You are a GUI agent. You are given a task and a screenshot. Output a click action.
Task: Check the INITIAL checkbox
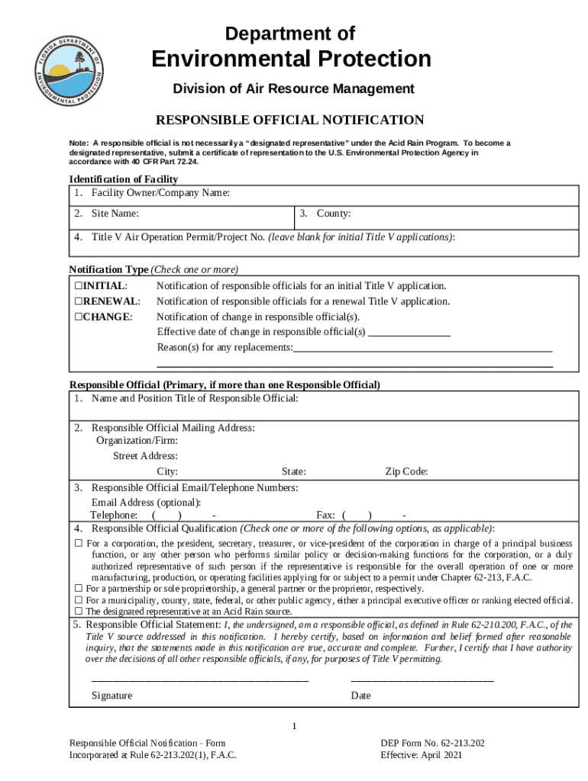[x=79, y=286]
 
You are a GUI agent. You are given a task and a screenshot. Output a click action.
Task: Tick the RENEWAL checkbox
[x=79, y=301]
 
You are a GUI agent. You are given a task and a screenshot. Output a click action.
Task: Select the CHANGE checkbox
[x=79, y=317]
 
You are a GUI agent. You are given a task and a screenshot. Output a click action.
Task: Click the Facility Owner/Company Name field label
[x=160, y=193]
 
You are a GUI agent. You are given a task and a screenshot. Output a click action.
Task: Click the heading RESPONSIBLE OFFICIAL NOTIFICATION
[x=289, y=121]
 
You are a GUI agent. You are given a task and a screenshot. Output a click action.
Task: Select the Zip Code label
[x=406, y=472]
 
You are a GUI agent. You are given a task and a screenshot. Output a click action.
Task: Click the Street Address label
[x=145, y=456]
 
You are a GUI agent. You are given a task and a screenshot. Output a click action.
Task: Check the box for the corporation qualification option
[x=79, y=544]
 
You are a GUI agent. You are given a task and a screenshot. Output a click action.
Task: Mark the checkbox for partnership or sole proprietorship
[x=79, y=589]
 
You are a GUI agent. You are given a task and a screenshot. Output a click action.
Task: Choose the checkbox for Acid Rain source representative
[x=79, y=612]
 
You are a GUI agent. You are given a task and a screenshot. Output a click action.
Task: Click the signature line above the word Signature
[x=200, y=679]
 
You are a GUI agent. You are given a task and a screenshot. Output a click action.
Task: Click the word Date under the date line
[x=360, y=696]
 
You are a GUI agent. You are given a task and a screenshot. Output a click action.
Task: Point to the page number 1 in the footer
[x=294, y=725]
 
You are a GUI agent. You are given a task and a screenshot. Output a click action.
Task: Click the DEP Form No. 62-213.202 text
[x=432, y=743]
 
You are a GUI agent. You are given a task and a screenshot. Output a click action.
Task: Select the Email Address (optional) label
[x=146, y=503]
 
